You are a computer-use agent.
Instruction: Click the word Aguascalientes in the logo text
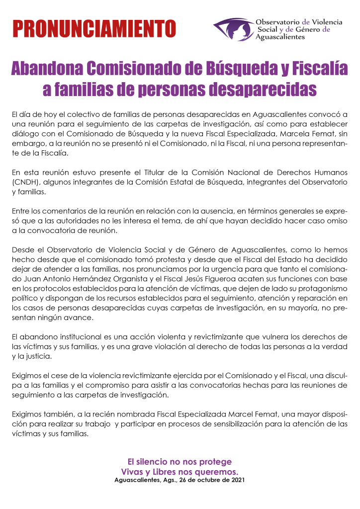tap(280, 37)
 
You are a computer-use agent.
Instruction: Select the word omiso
tap(337, 220)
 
